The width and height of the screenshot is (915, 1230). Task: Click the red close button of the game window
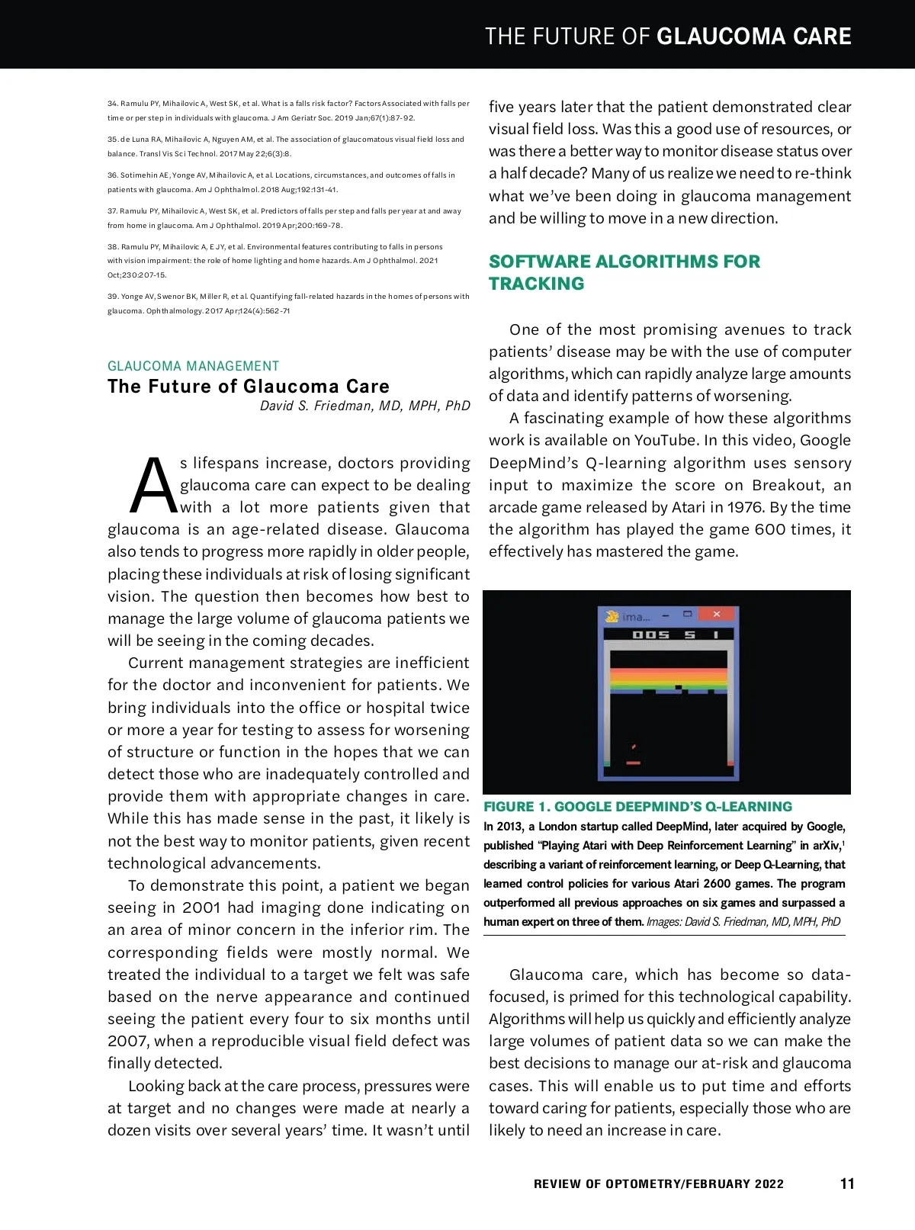pyautogui.click(x=716, y=615)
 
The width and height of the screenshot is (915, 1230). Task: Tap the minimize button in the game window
pyautogui.click(x=666, y=615)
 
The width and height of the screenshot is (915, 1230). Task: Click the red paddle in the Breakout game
pyautogui.click(x=633, y=763)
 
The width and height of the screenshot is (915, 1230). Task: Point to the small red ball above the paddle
pyautogui.click(x=634, y=747)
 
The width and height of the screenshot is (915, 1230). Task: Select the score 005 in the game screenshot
pyautogui.click(x=651, y=634)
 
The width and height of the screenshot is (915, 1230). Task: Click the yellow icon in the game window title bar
pyautogui.click(x=612, y=615)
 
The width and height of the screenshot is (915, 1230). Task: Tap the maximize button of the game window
pyautogui.click(x=688, y=615)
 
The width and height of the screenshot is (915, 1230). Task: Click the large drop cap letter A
pyautogui.click(x=153, y=487)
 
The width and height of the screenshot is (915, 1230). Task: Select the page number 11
pyautogui.click(x=846, y=1183)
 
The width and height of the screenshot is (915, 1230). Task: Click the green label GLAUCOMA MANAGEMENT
pyautogui.click(x=193, y=366)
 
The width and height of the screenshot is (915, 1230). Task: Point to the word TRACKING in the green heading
pyautogui.click(x=536, y=284)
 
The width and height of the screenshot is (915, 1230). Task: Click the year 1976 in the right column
pyautogui.click(x=745, y=507)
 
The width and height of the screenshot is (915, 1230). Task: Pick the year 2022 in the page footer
pyautogui.click(x=769, y=1183)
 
